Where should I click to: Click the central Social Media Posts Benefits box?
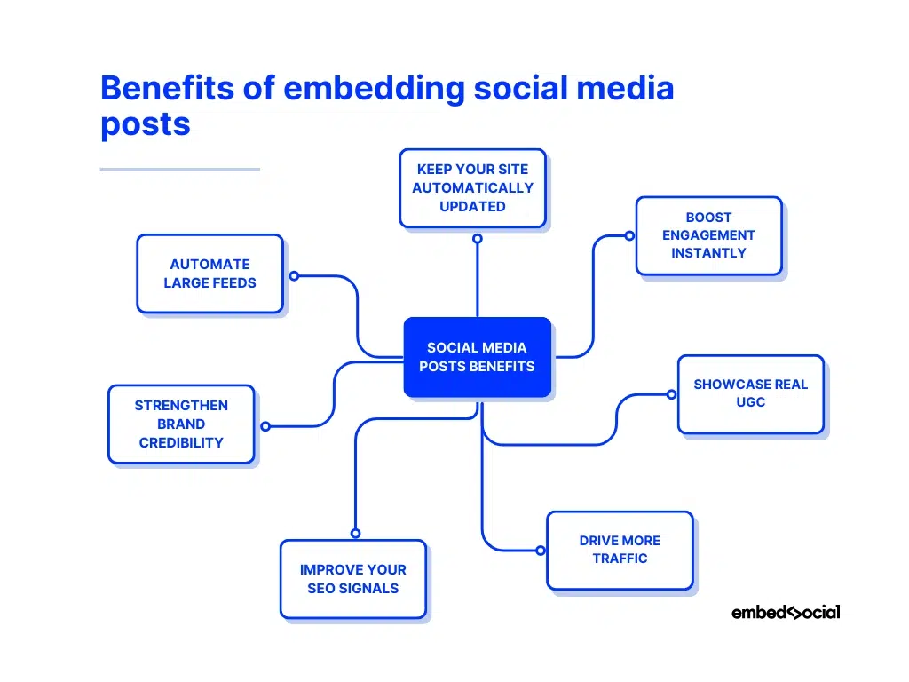[477, 357]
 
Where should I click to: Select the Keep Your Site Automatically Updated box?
[472, 187]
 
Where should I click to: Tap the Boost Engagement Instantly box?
[708, 235]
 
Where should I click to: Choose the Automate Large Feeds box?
[209, 274]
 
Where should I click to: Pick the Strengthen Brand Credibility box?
[181, 424]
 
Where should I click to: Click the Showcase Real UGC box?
[750, 393]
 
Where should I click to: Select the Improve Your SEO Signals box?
[352, 579]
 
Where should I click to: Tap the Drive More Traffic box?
[619, 550]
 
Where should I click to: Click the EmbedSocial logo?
[785, 612]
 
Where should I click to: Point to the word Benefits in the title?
[168, 90]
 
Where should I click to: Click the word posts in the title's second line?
[145, 124]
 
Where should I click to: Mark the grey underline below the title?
[179, 169]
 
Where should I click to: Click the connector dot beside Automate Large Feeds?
[294, 275]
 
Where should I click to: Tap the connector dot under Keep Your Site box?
[477, 238]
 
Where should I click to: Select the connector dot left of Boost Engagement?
[628, 235]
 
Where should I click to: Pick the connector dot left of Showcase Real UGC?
[671, 393]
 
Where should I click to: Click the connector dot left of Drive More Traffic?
[540, 551]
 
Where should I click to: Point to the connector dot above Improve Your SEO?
[355, 533]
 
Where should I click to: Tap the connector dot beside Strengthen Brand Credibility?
[265, 426]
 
